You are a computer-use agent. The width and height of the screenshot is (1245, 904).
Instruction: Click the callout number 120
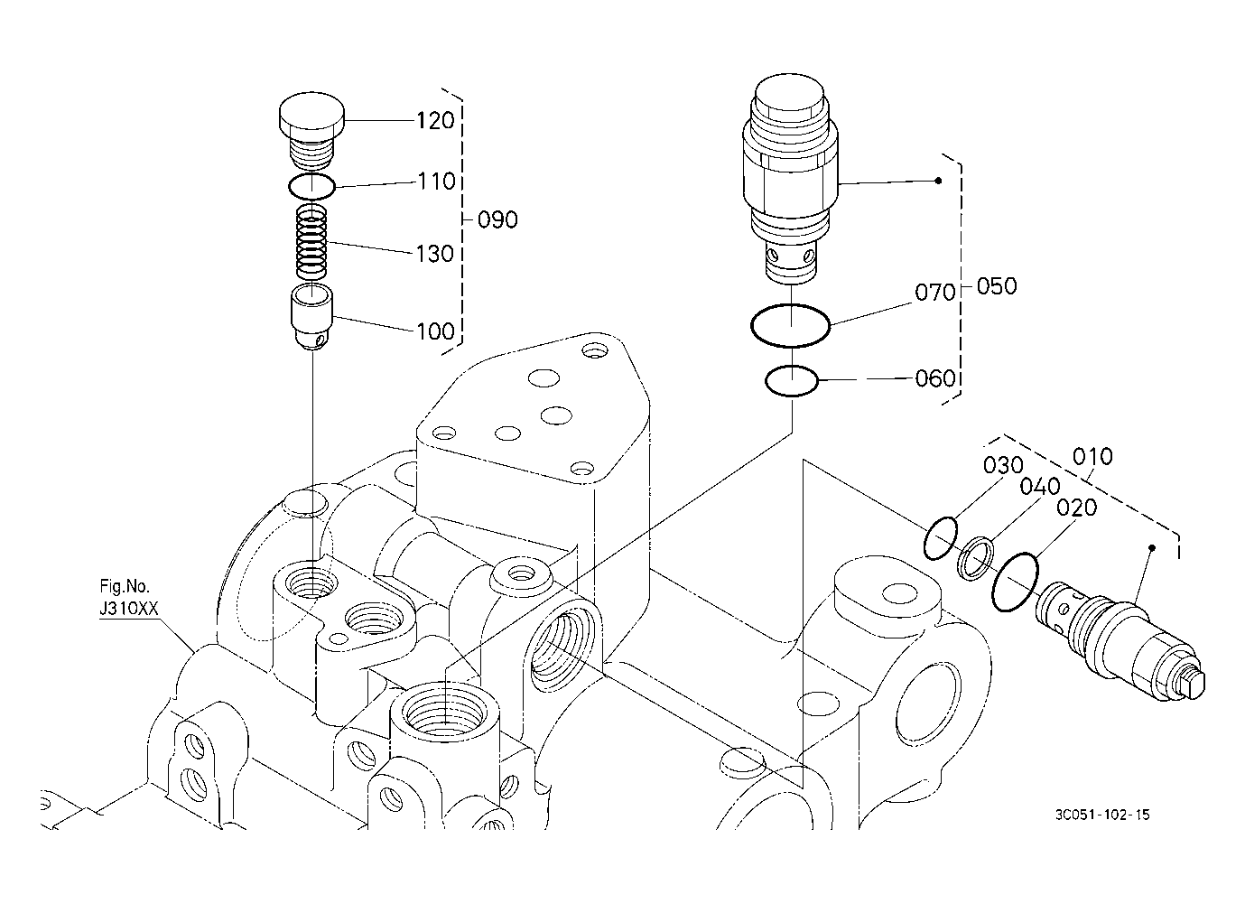click(435, 120)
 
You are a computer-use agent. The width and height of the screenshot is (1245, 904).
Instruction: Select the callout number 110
click(436, 182)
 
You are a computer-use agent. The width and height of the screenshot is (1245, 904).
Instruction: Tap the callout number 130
click(435, 254)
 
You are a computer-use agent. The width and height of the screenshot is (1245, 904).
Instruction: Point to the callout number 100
click(436, 331)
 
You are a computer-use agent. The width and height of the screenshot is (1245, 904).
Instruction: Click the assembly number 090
click(497, 219)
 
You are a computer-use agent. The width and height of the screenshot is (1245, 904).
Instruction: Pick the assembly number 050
click(997, 285)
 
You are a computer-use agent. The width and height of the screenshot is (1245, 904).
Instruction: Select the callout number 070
click(934, 292)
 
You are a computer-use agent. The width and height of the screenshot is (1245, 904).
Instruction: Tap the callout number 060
click(934, 378)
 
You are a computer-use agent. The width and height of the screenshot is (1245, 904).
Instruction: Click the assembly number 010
click(1092, 456)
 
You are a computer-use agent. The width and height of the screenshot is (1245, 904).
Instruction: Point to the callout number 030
click(1003, 465)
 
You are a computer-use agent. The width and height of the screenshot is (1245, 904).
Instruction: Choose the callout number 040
click(1040, 487)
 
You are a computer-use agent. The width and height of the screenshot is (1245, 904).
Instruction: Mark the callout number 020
click(1076, 507)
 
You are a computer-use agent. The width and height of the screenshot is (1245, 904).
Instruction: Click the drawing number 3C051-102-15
click(1102, 815)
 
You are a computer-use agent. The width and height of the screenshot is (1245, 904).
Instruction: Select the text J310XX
click(129, 608)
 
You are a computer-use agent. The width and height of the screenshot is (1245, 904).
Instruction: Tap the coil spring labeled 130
click(311, 242)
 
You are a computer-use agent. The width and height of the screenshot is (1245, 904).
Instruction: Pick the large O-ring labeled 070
click(790, 326)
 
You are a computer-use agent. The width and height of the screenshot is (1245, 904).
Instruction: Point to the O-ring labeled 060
click(791, 381)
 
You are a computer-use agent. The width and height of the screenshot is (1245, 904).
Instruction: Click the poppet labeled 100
click(311, 318)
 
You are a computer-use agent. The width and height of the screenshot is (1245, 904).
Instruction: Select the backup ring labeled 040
click(975, 559)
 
